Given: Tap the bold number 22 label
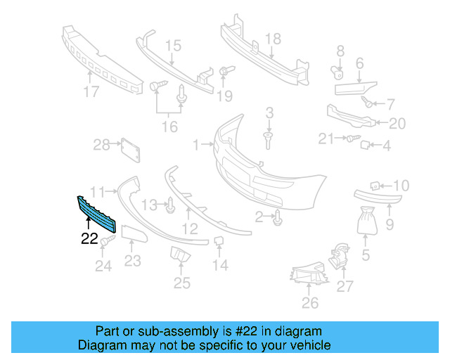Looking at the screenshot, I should point(89,238).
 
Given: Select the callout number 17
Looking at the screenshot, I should point(91,91).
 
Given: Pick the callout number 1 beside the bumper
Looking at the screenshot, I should point(196,145).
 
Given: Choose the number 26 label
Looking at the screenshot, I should point(309,303).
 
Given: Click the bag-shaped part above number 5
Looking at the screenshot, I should point(366,220).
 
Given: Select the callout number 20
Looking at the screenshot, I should point(397,124).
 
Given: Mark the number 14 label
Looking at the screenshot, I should point(220,265).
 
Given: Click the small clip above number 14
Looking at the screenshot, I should point(219,243).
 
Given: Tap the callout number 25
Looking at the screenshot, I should point(182,283).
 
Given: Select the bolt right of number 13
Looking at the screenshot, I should point(171,205).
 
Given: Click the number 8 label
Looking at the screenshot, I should point(340,51).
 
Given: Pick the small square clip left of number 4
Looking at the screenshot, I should point(366,146).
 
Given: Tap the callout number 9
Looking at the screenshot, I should point(390,225).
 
